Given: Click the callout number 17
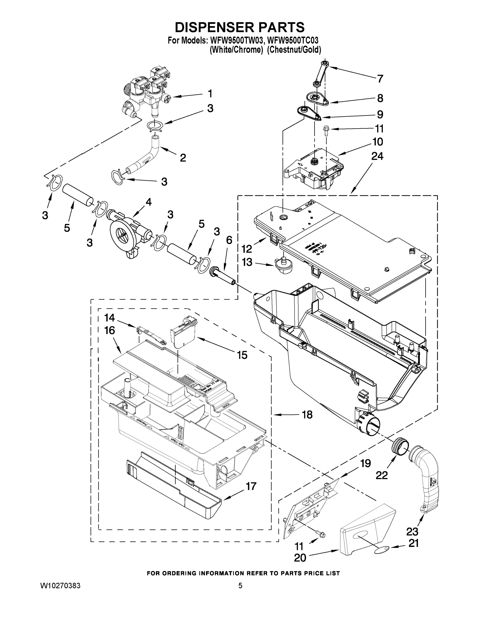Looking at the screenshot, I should (x=251, y=486).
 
